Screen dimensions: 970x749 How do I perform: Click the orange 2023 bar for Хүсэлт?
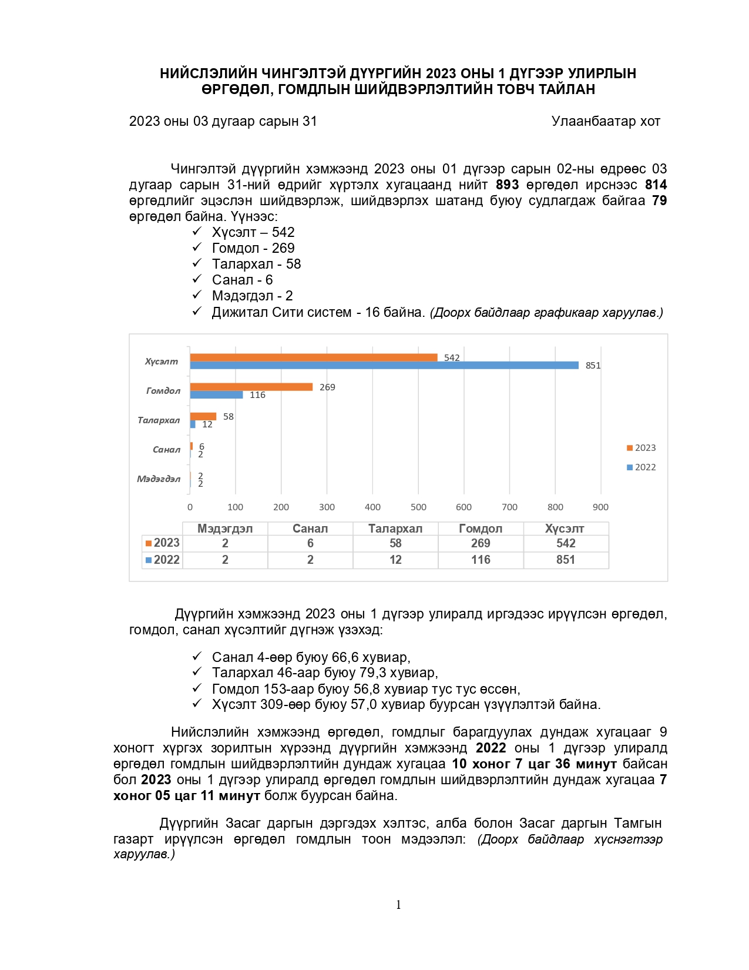coord(314,357)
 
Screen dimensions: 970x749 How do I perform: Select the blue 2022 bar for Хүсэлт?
coord(384,365)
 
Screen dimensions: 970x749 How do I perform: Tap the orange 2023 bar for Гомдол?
coord(251,387)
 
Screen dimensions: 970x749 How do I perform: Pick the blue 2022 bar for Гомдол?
coord(216,394)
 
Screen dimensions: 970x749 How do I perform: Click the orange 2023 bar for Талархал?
coord(203,416)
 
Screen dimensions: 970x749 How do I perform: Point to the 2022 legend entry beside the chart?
coord(641,467)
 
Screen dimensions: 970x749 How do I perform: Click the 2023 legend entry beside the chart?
coord(641,448)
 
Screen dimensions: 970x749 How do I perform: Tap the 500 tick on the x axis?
coord(418,507)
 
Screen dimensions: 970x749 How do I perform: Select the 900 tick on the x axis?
coord(600,507)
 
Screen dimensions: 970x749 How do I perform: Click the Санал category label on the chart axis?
coord(166,450)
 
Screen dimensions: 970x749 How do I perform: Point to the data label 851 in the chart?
coord(593,366)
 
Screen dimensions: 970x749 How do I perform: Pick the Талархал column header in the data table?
coord(395,529)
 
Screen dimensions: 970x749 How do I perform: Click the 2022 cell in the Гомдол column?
coord(481,560)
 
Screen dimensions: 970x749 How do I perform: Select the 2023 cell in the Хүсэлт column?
coord(566,543)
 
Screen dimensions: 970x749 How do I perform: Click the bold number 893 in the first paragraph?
coord(507,185)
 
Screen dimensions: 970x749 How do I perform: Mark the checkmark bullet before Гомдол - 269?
coord(197,247)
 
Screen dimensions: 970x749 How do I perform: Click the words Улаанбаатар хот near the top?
coord(606,122)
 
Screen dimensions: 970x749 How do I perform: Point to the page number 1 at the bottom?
coord(398,905)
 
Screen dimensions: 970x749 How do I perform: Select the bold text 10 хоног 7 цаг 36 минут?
coord(534,764)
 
